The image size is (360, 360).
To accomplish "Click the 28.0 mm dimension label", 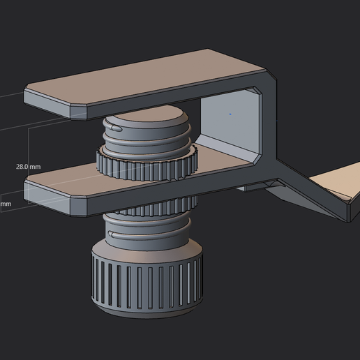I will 28,167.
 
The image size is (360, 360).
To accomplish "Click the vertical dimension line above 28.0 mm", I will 28,143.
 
